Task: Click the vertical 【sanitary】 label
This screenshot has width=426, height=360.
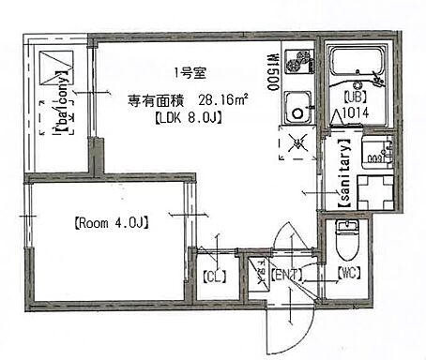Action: [343, 172]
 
